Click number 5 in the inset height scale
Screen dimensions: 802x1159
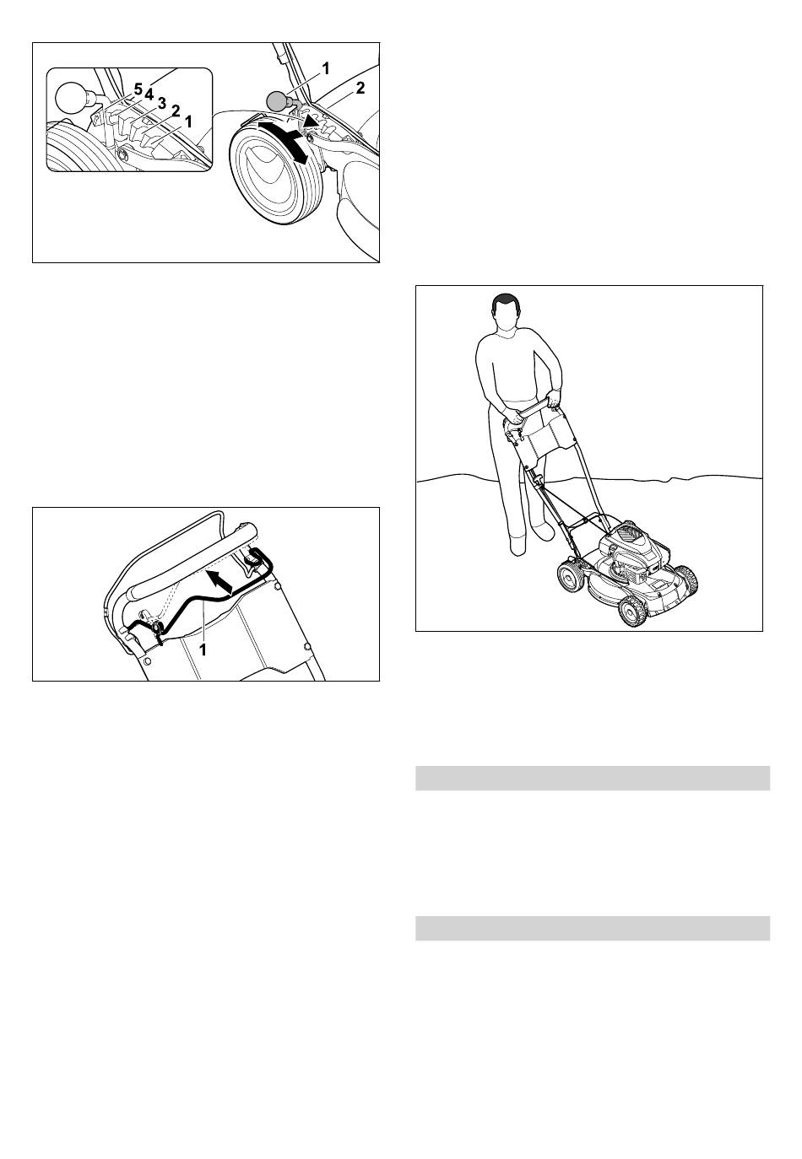(x=138, y=89)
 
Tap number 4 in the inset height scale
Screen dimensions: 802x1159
(x=149, y=94)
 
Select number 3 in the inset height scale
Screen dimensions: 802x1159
(x=161, y=103)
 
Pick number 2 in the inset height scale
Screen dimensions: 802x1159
(x=176, y=111)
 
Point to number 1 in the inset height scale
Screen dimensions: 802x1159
(x=188, y=121)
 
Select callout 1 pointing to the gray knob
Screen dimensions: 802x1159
(x=326, y=67)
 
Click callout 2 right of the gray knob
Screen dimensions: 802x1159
(x=360, y=89)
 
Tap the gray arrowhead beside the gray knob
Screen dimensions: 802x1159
(x=310, y=122)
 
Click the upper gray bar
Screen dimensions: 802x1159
(x=593, y=779)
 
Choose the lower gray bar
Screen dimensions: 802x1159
(x=593, y=928)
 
